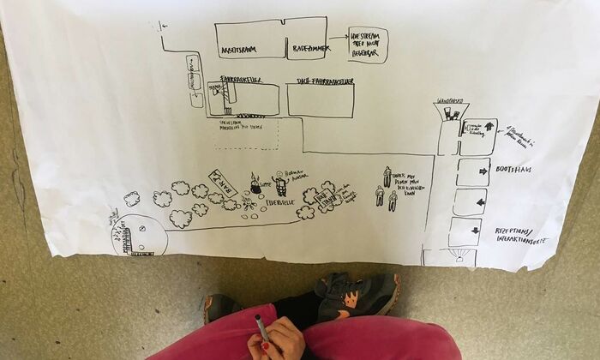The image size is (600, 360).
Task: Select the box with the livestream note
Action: (x=368, y=45)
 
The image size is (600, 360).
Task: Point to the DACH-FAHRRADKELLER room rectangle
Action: (x=320, y=100)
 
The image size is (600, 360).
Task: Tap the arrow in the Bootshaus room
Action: (x=481, y=171)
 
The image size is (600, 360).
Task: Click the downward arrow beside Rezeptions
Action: (x=477, y=230)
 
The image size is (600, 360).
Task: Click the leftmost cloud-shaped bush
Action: (x=131, y=199)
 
